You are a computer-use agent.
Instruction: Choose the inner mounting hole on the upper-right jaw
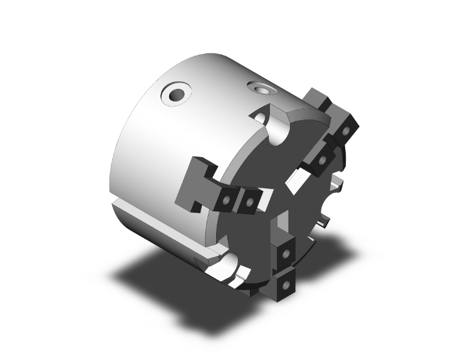[x=323, y=160]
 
